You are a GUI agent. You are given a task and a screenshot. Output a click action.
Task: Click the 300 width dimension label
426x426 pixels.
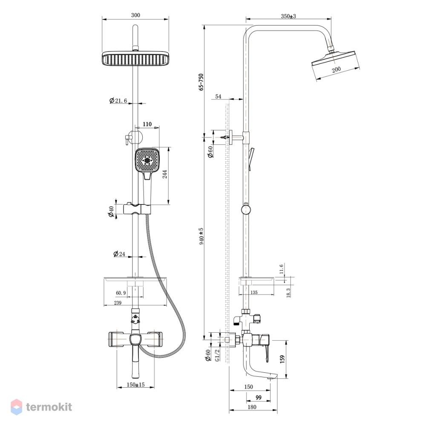(135, 15)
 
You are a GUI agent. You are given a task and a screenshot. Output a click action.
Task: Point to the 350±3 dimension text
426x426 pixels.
(288, 16)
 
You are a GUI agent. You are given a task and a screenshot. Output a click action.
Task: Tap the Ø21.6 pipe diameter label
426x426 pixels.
(118, 101)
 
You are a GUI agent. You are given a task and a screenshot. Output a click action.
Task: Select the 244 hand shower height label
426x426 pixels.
(164, 174)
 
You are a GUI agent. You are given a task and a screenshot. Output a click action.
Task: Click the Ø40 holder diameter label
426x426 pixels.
(111, 212)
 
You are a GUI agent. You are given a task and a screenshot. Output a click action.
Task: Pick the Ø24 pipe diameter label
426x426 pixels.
(119, 254)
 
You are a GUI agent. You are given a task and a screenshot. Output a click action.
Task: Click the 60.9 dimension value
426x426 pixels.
(121, 293)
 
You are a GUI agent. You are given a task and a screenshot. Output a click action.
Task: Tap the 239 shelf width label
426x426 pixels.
(118, 302)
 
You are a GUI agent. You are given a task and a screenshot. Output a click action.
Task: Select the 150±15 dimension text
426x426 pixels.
(135, 385)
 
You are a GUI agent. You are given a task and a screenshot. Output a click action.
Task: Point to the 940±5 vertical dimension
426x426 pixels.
(201, 236)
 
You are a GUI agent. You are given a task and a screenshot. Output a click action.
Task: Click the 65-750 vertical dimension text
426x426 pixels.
(201, 82)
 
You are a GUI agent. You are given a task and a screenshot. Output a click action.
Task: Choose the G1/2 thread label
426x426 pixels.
(217, 355)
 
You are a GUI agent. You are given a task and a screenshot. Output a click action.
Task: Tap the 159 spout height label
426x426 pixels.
(282, 359)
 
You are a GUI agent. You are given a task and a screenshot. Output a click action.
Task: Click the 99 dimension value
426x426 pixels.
(259, 397)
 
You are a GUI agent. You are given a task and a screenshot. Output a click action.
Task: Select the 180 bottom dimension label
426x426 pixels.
(252, 407)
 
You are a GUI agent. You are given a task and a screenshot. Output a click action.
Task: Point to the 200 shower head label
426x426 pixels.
(336, 69)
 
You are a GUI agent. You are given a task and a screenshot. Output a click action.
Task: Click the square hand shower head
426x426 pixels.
(147, 160)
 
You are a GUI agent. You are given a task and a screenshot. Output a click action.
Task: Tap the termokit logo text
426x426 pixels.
(49, 407)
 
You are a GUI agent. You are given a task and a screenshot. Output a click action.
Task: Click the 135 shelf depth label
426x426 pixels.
(253, 292)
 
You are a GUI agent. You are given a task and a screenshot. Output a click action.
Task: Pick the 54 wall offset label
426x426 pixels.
(218, 96)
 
